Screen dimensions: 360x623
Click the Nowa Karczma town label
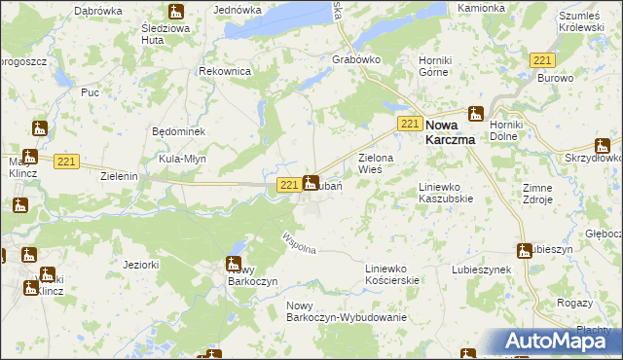[456, 131]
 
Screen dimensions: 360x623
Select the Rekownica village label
[225, 72]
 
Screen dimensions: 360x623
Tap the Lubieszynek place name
[482, 269]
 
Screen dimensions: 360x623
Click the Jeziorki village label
[141, 264]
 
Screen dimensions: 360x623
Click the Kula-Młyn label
[182, 158]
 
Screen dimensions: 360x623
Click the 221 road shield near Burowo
[543, 60]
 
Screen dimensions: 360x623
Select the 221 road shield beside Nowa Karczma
[410, 123]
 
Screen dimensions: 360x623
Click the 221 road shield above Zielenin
[66, 161]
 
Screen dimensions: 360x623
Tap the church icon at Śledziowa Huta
[175, 12]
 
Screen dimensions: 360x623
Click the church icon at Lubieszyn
[525, 250]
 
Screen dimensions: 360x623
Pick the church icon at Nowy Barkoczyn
[233, 263]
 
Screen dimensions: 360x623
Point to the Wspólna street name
[298, 243]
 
